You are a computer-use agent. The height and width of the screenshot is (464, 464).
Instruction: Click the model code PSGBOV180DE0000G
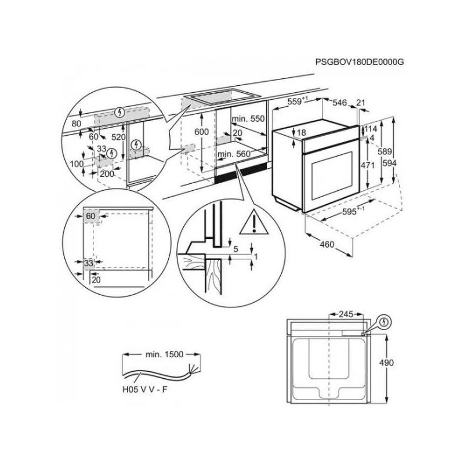[x=360, y=61]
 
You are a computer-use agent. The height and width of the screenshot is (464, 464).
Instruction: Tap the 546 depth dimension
[x=339, y=103]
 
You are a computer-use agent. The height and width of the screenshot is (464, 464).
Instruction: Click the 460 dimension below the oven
[x=327, y=245]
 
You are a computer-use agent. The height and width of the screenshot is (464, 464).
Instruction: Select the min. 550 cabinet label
[x=248, y=119]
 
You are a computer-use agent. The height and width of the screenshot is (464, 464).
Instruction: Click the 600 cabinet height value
[x=201, y=132]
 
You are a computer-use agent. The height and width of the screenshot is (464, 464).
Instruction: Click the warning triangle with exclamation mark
[x=253, y=222]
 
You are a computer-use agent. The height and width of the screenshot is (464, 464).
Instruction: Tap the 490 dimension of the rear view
[x=386, y=363]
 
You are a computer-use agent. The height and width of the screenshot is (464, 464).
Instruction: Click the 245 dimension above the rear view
[x=346, y=314]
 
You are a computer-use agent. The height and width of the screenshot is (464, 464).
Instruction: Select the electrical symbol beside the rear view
[x=386, y=322]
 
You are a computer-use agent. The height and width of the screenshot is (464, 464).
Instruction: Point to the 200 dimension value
[x=107, y=174]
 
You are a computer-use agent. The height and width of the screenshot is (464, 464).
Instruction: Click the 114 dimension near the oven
[x=372, y=129]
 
